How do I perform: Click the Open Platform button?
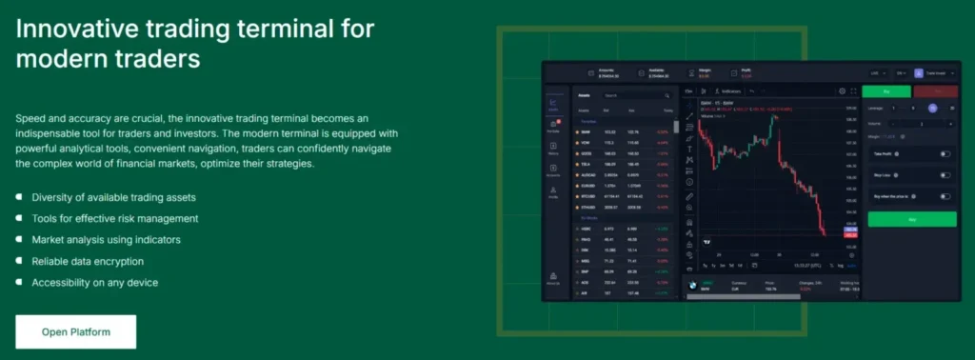click(76, 331)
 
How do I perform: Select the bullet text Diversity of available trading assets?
click(113, 197)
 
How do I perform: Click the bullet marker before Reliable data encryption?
click(20, 261)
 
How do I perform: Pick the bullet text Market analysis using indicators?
click(106, 240)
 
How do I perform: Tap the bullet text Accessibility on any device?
click(94, 282)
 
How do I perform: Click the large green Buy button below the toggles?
click(911, 219)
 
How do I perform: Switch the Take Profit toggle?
click(945, 153)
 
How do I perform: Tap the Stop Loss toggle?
click(945, 175)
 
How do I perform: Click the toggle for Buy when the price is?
click(945, 197)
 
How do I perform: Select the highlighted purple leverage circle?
click(932, 109)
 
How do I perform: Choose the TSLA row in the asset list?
click(624, 163)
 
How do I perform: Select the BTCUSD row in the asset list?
click(624, 195)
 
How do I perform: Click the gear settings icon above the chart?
click(841, 91)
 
